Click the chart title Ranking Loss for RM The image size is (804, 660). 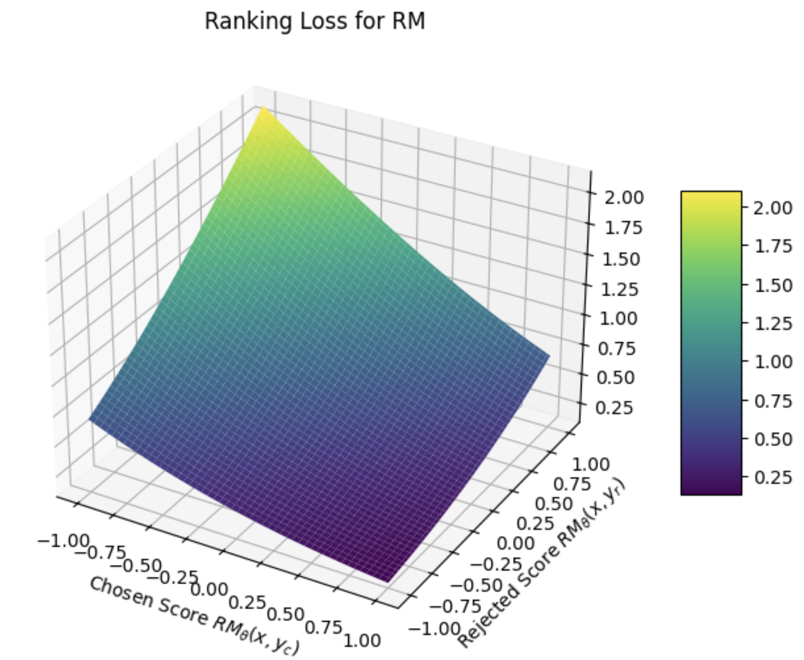[315, 22]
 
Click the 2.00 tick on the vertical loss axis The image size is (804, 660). [624, 197]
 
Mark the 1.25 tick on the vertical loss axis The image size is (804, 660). [620, 290]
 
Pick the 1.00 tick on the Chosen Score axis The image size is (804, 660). [362, 640]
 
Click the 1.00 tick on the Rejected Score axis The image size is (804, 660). [590, 464]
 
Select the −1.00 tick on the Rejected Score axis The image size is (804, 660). [434, 627]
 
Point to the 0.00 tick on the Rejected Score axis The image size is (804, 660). [515, 543]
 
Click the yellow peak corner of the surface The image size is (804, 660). [263, 108]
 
